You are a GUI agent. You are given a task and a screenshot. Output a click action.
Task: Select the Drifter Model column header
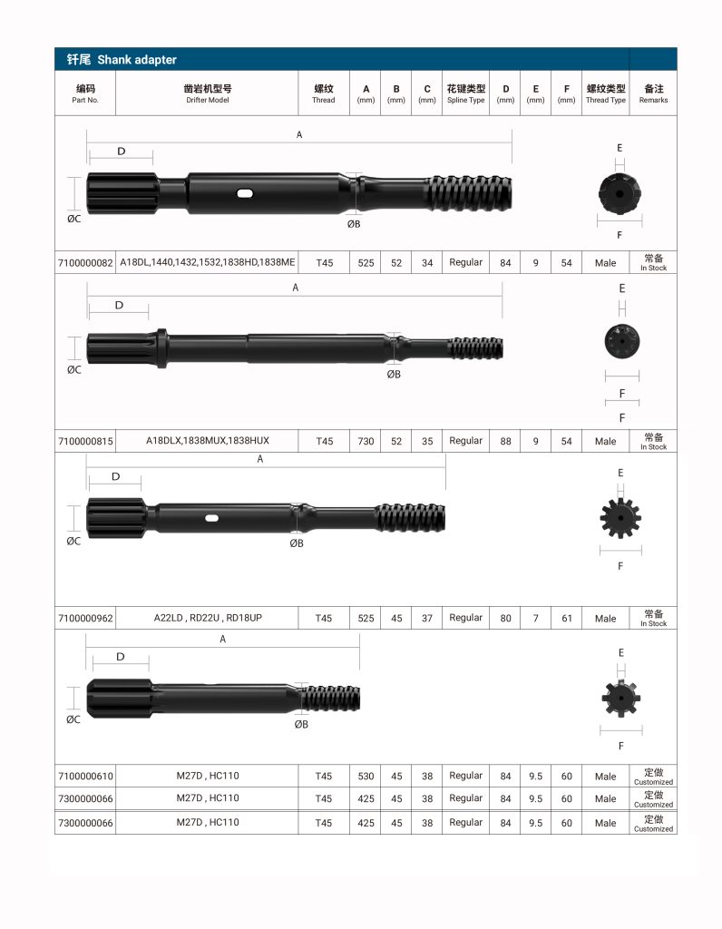coord(208,93)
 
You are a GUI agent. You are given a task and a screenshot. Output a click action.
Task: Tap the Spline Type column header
coord(465,93)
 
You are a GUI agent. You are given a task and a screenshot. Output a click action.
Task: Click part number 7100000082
coord(85,262)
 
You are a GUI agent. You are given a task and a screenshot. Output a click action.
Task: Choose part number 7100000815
coord(85,442)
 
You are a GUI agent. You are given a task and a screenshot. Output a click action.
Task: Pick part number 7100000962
coord(85,618)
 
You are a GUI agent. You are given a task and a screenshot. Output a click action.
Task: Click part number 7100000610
coord(85,777)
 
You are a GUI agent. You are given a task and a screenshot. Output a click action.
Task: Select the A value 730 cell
coord(366,442)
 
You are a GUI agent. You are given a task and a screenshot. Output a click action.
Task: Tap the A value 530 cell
coord(366,777)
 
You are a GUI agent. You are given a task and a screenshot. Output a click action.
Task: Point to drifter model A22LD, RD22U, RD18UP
coord(208,618)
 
